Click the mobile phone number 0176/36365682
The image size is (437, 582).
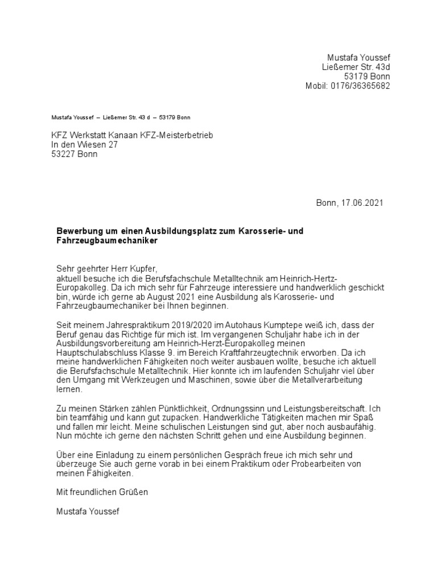click(362, 86)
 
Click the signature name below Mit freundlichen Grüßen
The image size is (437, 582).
click(88, 512)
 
